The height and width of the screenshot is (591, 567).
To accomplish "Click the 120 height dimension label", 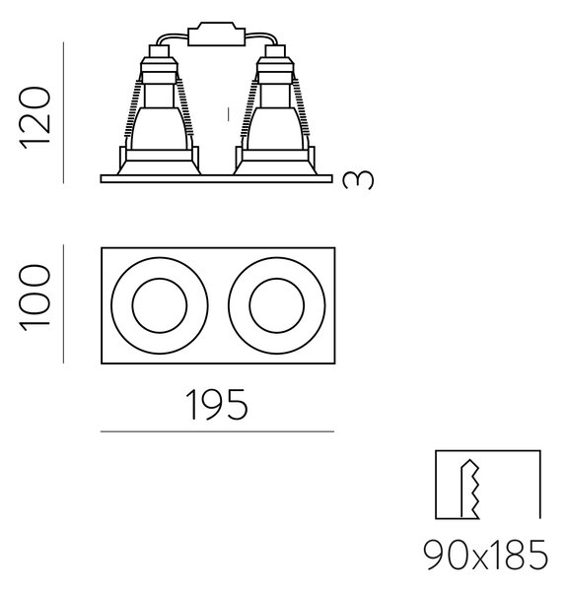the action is coord(35,117).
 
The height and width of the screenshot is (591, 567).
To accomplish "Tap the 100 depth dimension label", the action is coord(35,297).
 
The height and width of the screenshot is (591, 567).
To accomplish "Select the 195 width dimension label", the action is coord(218,405).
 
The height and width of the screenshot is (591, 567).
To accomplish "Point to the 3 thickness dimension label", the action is coord(358,180).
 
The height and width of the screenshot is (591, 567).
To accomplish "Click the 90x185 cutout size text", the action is coord(485,555).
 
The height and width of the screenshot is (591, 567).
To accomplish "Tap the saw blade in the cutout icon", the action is coord(470,490).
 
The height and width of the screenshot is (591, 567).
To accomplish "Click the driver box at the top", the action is coord(217,34).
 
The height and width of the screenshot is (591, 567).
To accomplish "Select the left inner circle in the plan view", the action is coord(160,305).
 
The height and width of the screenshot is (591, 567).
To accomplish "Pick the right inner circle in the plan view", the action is coord(276,305).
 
